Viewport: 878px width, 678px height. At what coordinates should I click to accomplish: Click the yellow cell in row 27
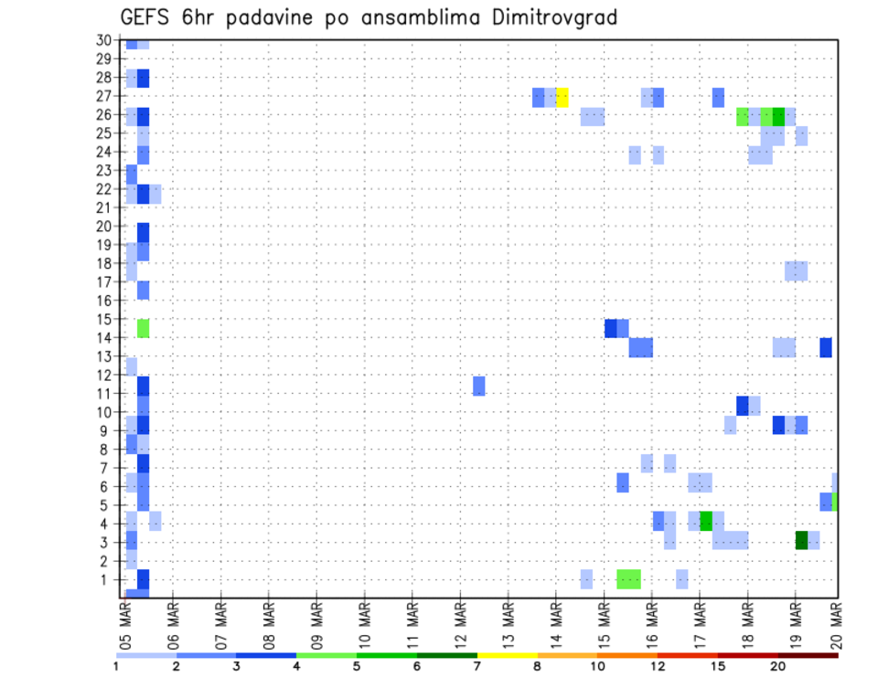click(x=562, y=97)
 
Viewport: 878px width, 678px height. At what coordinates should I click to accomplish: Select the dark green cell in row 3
click(x=801, y=540)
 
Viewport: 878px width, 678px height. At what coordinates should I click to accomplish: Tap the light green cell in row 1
click(x=628, y=578)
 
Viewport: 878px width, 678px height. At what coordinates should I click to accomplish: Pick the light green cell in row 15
click(x=143, y=328)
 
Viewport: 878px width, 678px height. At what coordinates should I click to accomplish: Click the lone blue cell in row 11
click(x=478, y=386)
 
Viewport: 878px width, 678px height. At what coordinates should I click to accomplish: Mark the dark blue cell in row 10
click(x=742, y=405)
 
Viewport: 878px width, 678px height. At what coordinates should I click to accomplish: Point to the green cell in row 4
click(x=706, y=521)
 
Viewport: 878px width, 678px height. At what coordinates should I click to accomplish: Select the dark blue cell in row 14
click(x=826, y=347)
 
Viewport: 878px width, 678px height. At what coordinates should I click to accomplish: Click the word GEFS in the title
click(x=145, y=17)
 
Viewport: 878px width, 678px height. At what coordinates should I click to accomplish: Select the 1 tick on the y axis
click(x=107, y=579)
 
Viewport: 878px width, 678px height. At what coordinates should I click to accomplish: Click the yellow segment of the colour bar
click(x=507, y=655)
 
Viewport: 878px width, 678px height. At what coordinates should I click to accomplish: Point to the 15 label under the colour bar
click(x=717, y=667)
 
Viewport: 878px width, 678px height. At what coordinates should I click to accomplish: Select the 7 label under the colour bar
click(x=477, y=667)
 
